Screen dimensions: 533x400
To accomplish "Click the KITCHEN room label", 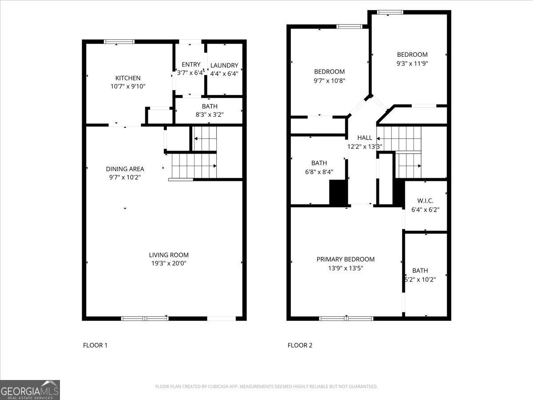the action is click(128, 78).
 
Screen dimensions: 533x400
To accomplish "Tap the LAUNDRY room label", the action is click(224, 65).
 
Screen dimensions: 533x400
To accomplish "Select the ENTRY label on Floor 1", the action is click(191, 64).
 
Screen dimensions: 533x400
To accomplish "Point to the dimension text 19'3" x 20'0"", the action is click(169, 263).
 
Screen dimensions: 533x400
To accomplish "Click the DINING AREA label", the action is click(125, 169).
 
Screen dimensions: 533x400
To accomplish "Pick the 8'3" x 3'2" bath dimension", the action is click(209, 115).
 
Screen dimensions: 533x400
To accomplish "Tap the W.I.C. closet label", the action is click(426, 201).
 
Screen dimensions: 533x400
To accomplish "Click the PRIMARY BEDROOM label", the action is click(346, 259).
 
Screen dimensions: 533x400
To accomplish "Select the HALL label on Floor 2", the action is click(365, 138).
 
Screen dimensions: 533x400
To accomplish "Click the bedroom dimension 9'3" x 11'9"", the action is click(412, 63).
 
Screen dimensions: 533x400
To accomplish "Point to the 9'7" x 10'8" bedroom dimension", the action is click(330, 80).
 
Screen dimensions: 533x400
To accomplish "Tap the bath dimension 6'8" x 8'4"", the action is click(319, 172).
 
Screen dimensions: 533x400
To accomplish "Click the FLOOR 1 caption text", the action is click(95, 345).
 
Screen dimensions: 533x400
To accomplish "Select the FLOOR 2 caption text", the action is click(300, 345).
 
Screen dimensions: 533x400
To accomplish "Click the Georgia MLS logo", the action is click(30, 390).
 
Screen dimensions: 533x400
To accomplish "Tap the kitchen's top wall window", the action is click(119, 42).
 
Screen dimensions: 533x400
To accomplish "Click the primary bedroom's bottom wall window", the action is click(346, 318).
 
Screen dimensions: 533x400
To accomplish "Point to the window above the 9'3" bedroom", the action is click(390, 12).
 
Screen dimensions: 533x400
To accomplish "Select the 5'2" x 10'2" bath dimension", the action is click(420, 280).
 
